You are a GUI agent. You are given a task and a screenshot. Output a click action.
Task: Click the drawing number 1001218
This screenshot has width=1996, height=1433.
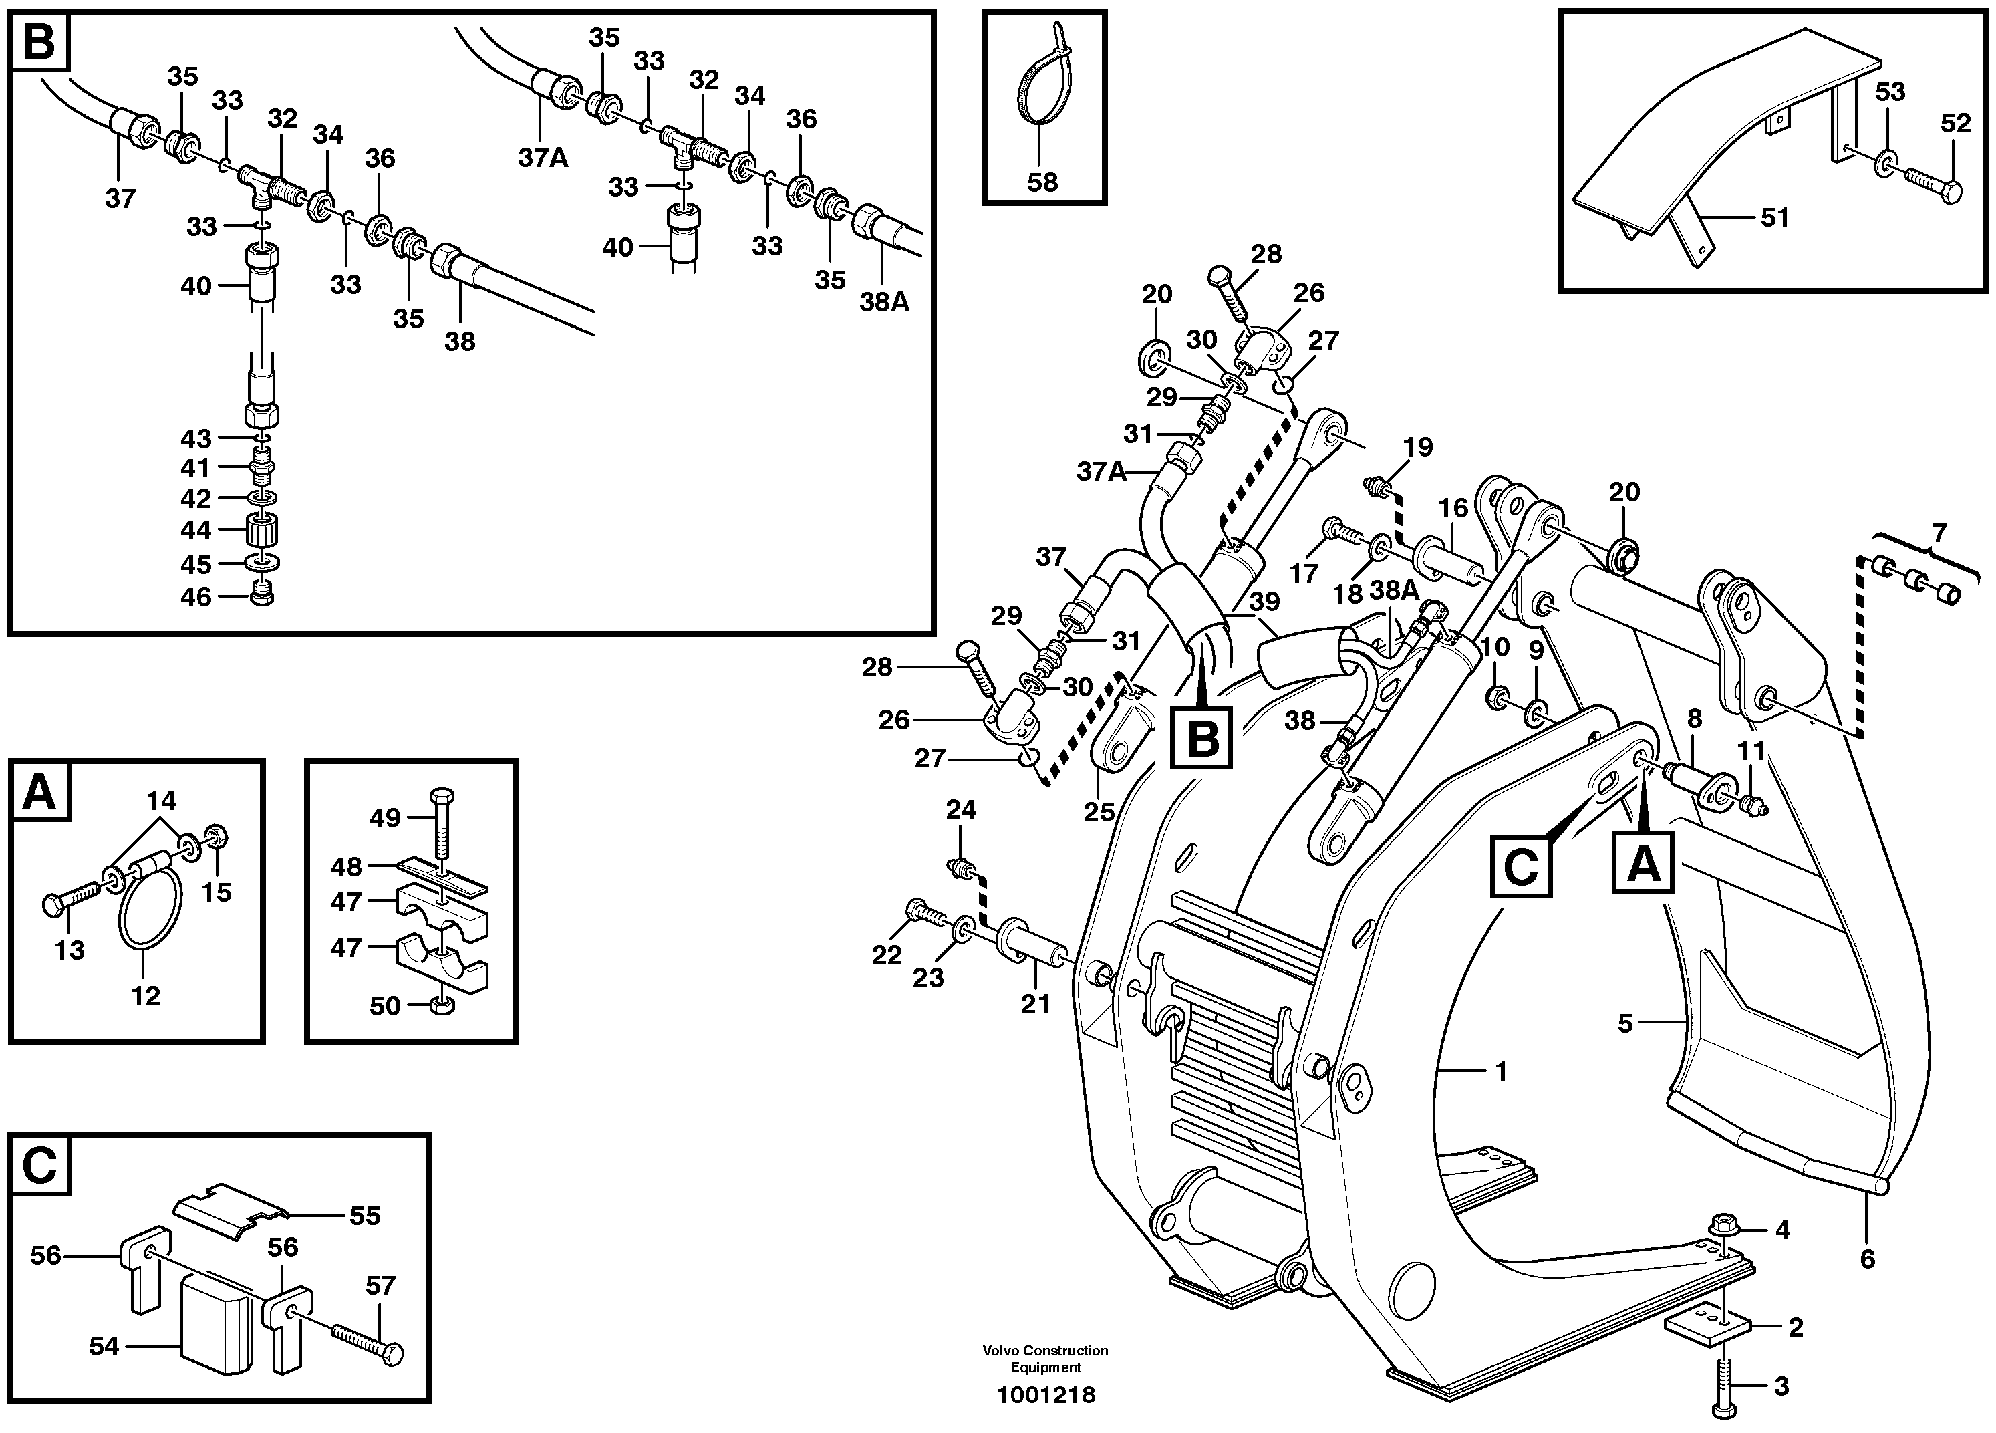point(1046,1395)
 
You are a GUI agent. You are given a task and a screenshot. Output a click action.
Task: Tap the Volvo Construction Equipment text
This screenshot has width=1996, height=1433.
point(1046,1359)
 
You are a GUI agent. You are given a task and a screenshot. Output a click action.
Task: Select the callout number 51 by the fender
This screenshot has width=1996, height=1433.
point(1775,217)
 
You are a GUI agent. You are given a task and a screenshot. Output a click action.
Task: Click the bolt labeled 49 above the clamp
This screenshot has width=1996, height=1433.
point(442,825)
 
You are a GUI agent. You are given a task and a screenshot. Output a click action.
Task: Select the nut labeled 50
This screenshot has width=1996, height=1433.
point(442,1006)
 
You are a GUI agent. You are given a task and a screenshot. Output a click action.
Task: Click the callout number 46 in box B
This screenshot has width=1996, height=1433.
point(196,597)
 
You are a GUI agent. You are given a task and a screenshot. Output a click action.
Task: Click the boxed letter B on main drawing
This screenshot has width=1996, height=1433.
point(1201,736)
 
